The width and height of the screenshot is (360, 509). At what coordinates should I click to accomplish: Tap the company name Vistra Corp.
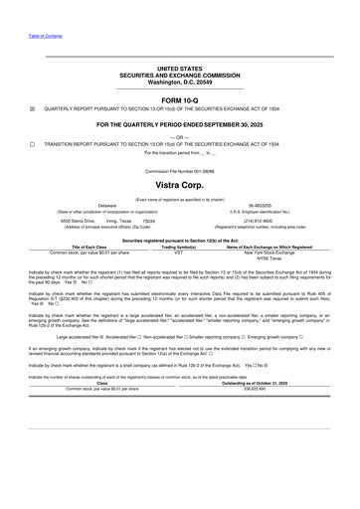click(180, 186)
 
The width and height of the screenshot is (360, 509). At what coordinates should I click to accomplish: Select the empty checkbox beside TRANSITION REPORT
click(33, 145)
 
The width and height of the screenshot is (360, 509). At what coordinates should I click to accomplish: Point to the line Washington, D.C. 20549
click(180, 82)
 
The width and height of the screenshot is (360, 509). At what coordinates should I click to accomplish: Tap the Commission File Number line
click(180, 171)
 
